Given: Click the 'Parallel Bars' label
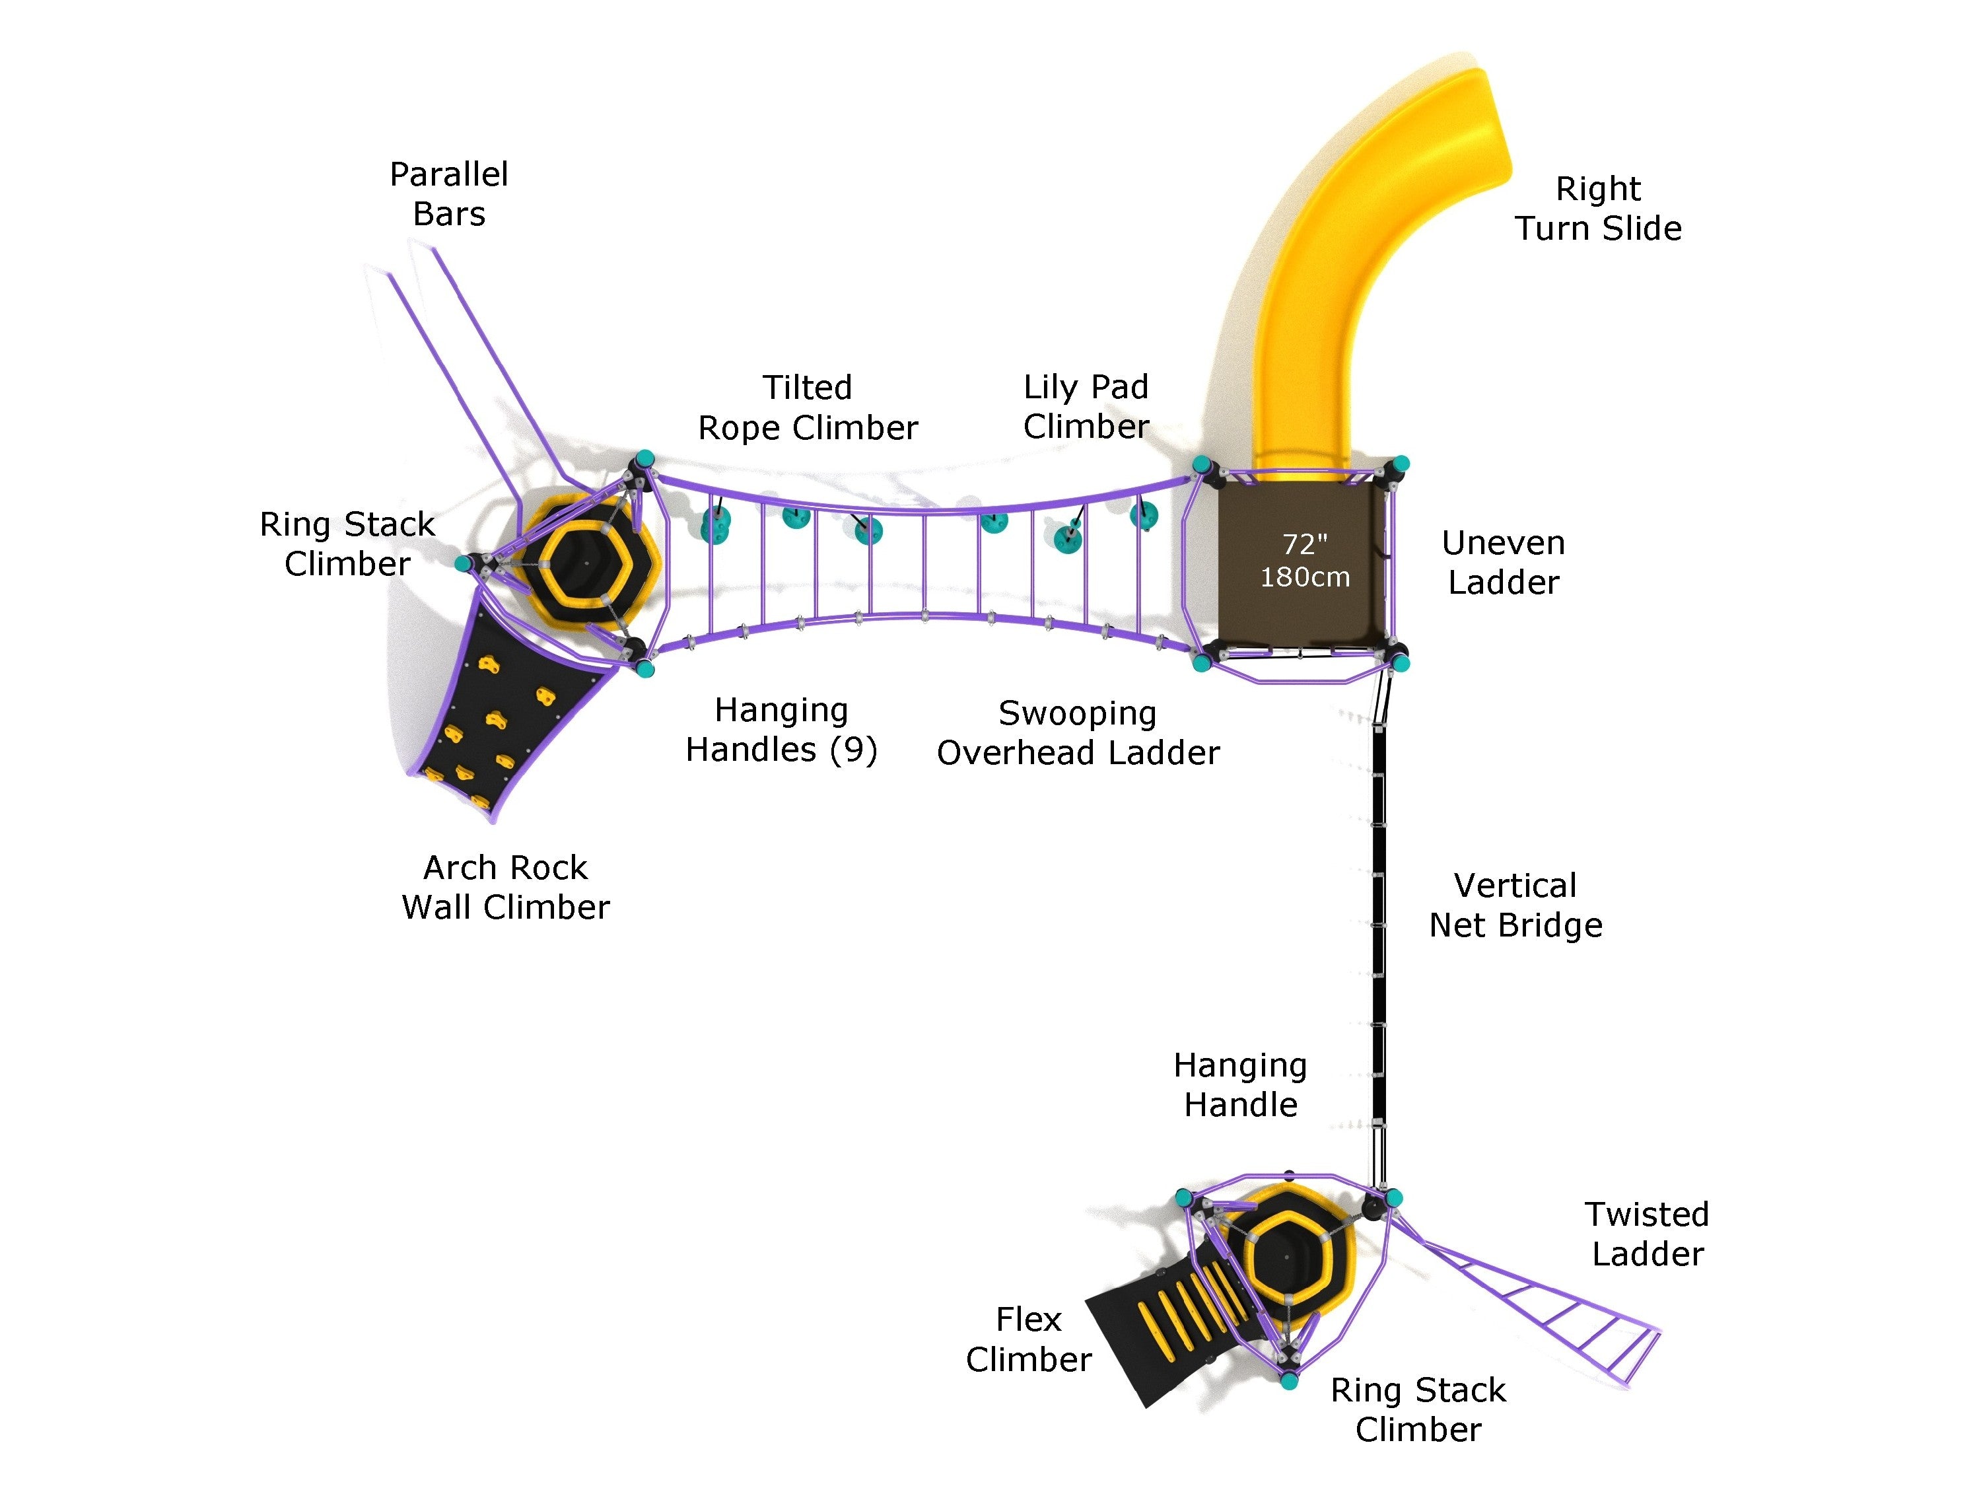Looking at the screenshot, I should pyautogui.click(x=448, y=194).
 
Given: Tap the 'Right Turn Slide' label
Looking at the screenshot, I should pyautogui.click(x=1598, y=208).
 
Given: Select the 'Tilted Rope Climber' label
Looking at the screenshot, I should pyautogui.click(x=807, y=407).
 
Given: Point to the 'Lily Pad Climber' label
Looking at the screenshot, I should pyautogui.click(x=1086, y=407).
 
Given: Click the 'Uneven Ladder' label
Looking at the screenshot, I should pyautogui.click(x=1503, y=563).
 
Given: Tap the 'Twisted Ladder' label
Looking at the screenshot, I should pyautogui.click(x=1646, y=1234).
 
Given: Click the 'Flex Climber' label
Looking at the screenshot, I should pyautogui.click(x=1028, y=1339).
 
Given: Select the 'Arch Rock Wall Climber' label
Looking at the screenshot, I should pyautogui.click(x=505, y=887).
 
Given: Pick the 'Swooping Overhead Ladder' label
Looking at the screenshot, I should pyautogui.click(x=1078, y=732).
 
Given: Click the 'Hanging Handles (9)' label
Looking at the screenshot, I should pyautogui.click(x=781, y=729).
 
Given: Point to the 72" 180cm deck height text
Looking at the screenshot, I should pyautogui.click(x=1304, y=561).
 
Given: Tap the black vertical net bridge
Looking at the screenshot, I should pyautogui.click(x=1378, y=923).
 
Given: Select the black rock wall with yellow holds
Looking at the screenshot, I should pyautogui.click(x=501, y=717).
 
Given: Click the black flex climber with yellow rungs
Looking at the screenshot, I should pyautogui.click(x=1164, y=1326).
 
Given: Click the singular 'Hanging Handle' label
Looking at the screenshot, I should pyautogui.click(x=1239, y=1084).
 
